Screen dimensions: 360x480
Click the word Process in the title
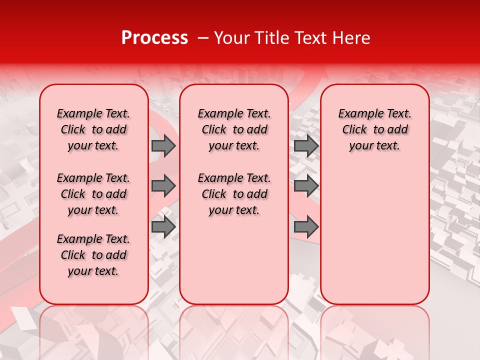click(x=154, y=38)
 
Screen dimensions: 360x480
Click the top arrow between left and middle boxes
click(x=163, y=146)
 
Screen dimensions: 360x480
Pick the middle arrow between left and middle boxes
click(x=163, y=186)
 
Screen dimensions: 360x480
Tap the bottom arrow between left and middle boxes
click(x=163, y=227)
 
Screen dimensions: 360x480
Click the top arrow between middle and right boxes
click(x=306, y=146)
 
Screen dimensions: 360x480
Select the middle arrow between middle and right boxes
click(x=306, y=186)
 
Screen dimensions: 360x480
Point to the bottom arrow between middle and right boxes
click(x=306, y=227)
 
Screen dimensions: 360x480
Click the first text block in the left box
click(x=93, y=129)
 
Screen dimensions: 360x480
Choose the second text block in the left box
click(x=93, y=194)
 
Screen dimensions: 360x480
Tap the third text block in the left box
click(x=93, y=255)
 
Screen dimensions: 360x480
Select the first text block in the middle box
click(x=234, y=129)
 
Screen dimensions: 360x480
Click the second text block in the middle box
click(x=234, y=194)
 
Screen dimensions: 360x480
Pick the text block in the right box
click(x=374, y=129)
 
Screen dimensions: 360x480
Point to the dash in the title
click(x=203, y=38)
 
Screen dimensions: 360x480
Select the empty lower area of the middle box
click(x=234, y=260)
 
